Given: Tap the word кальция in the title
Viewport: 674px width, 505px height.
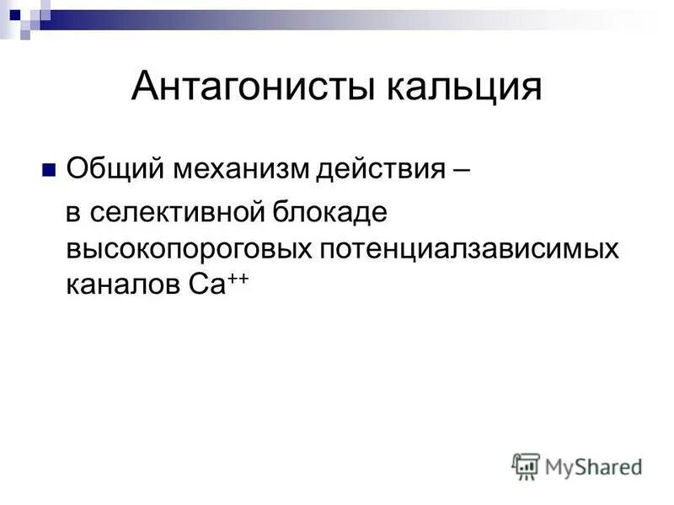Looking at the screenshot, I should pos(463,87).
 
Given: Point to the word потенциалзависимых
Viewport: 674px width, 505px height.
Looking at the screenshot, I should pos(468,248).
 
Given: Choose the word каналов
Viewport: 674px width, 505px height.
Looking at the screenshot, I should pos(118,285).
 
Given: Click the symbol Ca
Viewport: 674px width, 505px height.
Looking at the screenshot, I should pos(199,285).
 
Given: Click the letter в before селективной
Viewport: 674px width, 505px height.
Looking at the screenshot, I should pos(74,211).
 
